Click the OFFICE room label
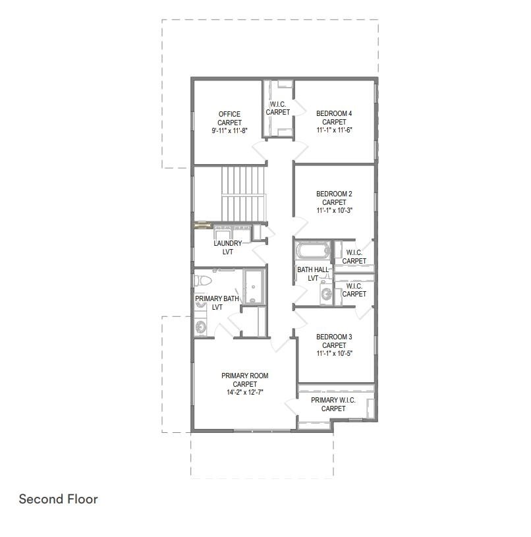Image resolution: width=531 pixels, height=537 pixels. coord(229,114)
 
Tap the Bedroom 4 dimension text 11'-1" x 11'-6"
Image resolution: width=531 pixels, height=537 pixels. coord(334,130)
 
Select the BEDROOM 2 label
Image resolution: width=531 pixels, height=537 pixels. coord(334,194)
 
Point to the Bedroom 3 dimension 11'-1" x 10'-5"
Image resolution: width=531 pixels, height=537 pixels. coord(334,353)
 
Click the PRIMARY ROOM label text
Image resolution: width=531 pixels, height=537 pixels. coord(245,376)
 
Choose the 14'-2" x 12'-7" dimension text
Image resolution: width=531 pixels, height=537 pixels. coord(245,392)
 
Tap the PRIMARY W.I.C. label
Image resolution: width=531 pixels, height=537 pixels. coord(333,400)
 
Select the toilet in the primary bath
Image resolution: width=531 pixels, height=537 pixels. coord(203,281)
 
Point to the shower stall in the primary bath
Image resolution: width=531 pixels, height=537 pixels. coord(254,287)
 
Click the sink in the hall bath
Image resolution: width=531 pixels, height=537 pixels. coord(326,293)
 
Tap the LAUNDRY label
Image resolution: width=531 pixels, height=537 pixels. coord(228,243)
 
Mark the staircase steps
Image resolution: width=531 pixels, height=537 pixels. coord(243,194)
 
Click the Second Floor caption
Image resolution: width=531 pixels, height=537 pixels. coord(58,499)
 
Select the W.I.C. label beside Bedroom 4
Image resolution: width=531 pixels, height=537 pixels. coord(277,104)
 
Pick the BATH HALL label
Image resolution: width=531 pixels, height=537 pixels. coord(313,270)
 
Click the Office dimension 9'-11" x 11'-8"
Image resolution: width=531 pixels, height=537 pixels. coord(229,130)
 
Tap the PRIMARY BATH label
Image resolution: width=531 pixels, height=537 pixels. coord(217,298)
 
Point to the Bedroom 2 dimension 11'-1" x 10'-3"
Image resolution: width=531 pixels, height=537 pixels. coord(334,210)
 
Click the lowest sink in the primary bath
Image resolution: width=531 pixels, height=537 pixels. coord(201,327)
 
